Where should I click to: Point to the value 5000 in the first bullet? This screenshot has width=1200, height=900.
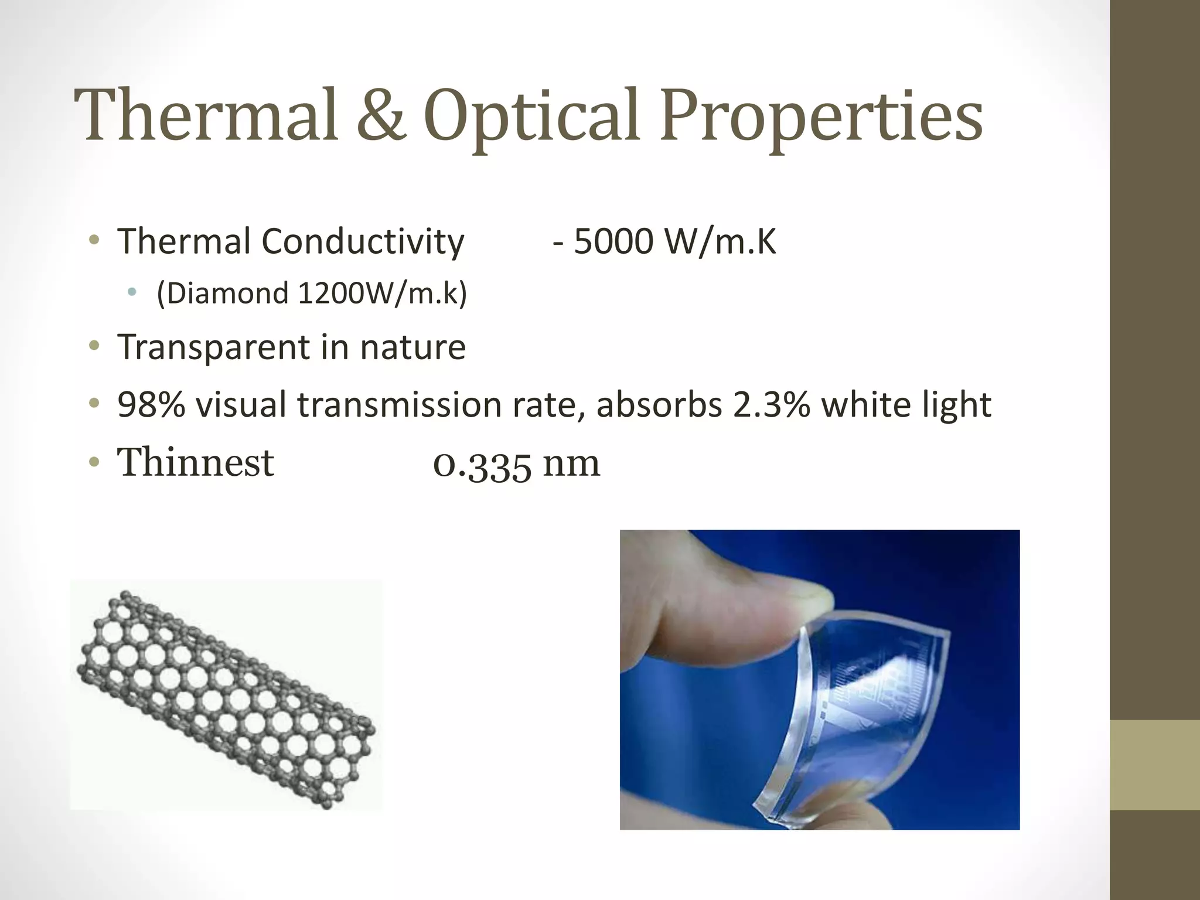pyautogui.click(x=612, y=241)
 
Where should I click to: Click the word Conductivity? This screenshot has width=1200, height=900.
pyautogui.click(x=363, y=241)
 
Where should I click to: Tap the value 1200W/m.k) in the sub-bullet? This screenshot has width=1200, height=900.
pyautogui.click(x=382, y=293)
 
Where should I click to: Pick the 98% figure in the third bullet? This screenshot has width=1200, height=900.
pyautogui.click(x=151, y=404)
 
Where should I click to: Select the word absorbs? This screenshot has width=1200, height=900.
pyautogui.click(x=659, y=404)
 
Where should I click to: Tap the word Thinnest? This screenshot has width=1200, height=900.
pyautogui.click(x=196, y=462)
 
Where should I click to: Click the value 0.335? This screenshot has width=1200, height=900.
pyautogui.click(x=482, y=465)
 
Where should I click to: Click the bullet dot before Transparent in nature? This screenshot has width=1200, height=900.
pyautogui.click(x=94, y=346)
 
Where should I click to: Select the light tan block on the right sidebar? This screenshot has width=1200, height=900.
pyautogui.click(x=1154, y=765)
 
